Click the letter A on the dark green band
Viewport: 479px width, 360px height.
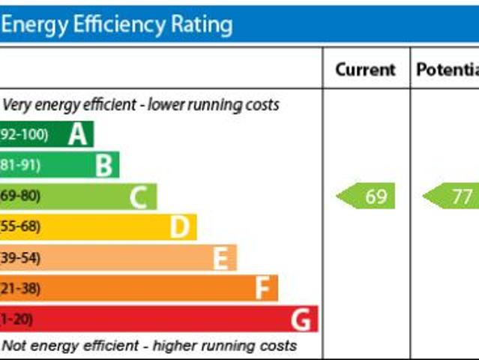[x=78, y=134]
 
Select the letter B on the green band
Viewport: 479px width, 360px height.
[x=104, y=165]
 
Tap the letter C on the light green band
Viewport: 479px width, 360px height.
[x=139, y=197]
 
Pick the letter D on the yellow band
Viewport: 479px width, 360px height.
[x=179, y=226]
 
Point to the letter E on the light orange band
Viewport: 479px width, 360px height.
[x=220, y=258]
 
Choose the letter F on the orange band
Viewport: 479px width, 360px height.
[x=262, y=289]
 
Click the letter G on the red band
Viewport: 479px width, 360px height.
[x=301, y=320]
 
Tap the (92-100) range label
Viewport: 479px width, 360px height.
[x=24, y=135]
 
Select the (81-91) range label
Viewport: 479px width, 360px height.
[x=21, y=165]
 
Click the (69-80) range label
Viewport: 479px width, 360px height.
[x=20, y=196]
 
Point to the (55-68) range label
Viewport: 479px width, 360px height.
[x=20, y=226]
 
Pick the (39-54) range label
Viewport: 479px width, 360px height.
[x=20, y=258]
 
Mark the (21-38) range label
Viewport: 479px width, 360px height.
[x=20, y=289]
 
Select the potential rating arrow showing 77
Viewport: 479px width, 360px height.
[x=452, y=196]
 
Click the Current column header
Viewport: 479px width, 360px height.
[x=365, y=70]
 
